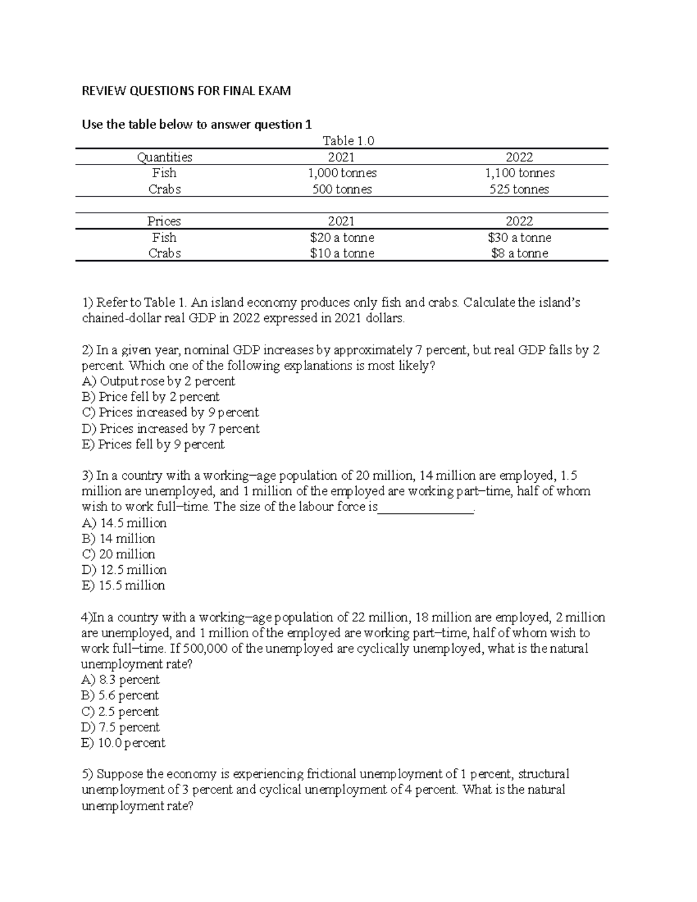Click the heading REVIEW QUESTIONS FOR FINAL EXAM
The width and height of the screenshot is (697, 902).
click(x=186, y=91)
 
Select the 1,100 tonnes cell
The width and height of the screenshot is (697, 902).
click(x=519, y=173)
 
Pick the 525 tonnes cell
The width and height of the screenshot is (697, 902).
click(x=519, y=189)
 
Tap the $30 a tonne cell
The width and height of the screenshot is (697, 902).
click(x=519, y=238)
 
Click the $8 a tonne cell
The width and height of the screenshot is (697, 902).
click(x=519, y=253)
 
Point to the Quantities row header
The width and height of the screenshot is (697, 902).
click(x=164, y=157)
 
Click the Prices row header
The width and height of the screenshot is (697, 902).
click(x=164, y=221)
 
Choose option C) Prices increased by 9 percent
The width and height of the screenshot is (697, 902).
click(x=170, y=412)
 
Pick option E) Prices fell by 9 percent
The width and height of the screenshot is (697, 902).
click(x=153, y=444)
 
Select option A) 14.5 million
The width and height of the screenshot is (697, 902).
click(x=124, y=523)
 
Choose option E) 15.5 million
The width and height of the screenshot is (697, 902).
click(x=123, y=585)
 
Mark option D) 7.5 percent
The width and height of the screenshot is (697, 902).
click(x=121, y=727)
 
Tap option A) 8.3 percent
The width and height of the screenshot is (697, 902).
click(x=121, y=680)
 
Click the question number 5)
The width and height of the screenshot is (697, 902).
click(x=88, y=774)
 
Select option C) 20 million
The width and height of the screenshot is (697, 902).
click(x=118, y=554)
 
